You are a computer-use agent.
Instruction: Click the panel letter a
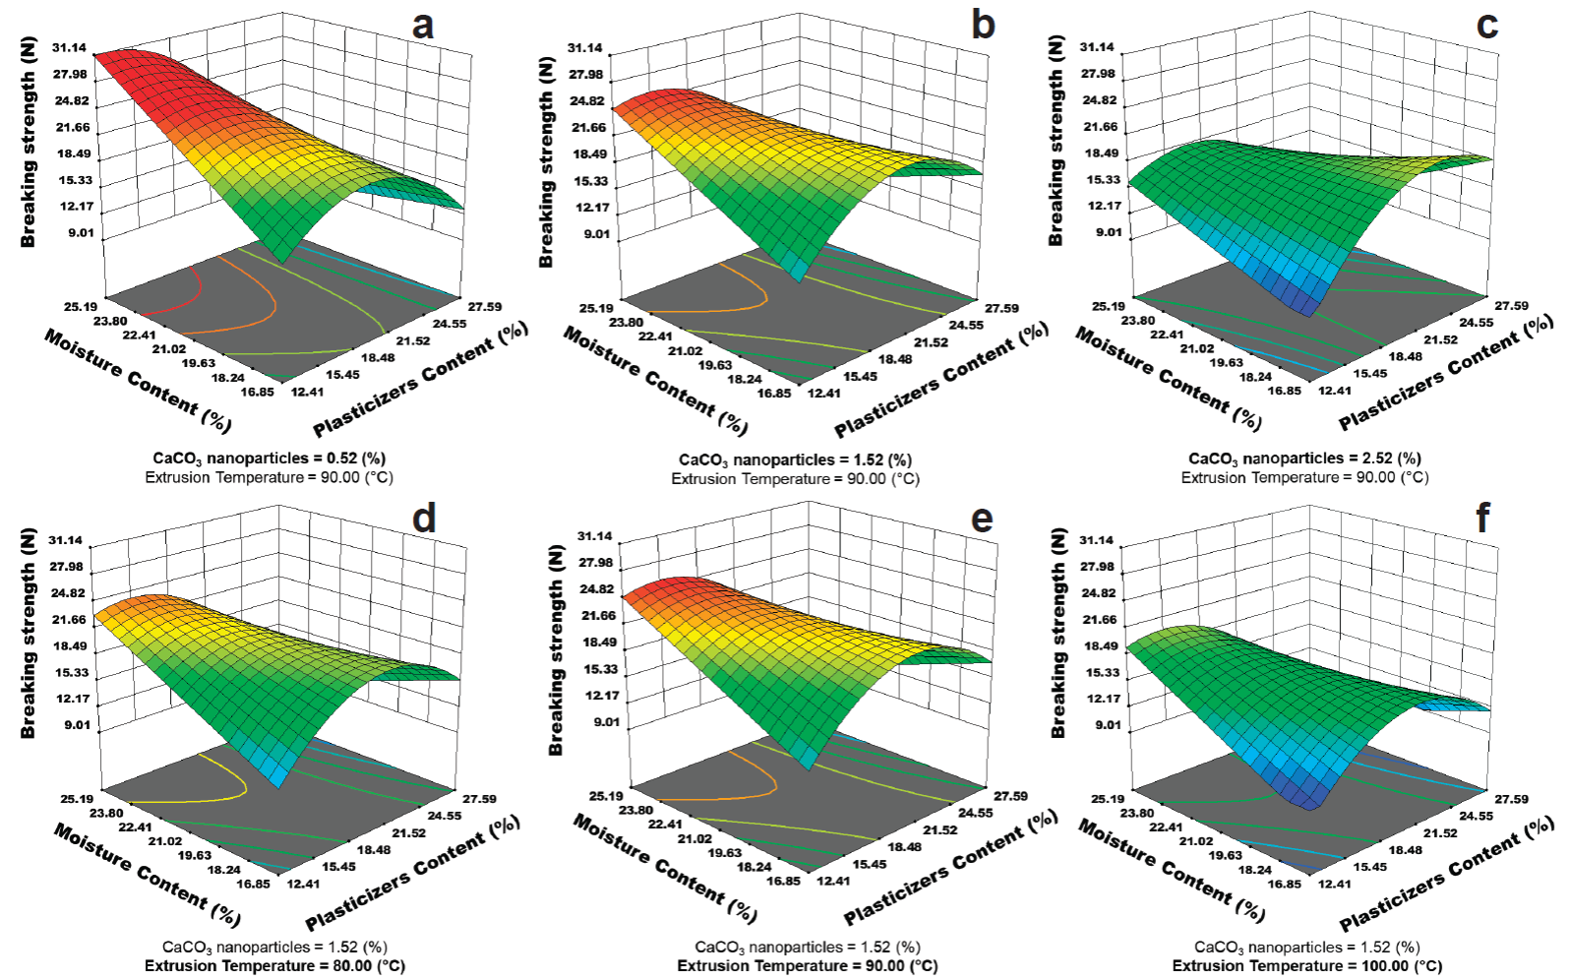pyautogui.click(x=423, y=25)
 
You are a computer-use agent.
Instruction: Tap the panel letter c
pyautogui.click(x=1486, y=25)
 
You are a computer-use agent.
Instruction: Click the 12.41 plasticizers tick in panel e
pyautogui.click(x=832, y=880)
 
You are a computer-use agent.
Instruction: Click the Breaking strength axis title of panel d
pyautogui.click(x=28, y=634)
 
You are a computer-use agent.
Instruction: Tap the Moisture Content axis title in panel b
pyautogui.click(x=655, y=381)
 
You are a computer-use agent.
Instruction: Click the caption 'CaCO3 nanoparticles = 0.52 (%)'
pyautogui.click(x=269, y=459)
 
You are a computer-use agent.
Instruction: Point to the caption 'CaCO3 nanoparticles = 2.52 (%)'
pyautogui.click(x=1304, y=459)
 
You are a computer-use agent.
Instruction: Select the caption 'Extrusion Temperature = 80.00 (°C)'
pyautogui.click(x=274, y=966)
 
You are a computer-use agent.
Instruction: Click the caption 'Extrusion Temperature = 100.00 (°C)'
pyautogui.click(x=1307, y=966)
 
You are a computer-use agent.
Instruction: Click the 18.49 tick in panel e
pyautogui.click(x=600, y=643)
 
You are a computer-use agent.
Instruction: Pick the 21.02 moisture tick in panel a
pyautogui.click(x=169, y=348)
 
